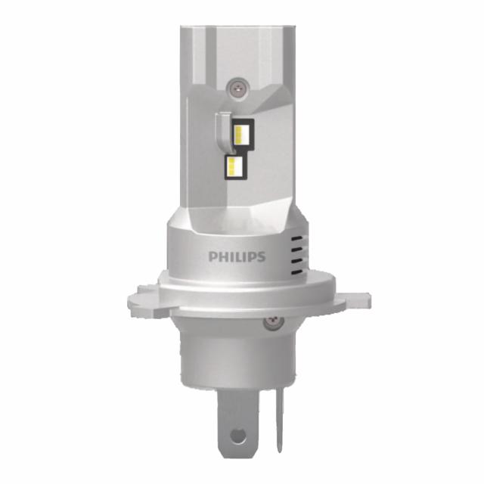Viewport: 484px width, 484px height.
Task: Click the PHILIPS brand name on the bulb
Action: (x=237, y=257)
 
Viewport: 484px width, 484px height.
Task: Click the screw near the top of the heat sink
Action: (x=239, y=88)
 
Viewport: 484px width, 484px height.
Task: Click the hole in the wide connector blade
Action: (x=237, y=436)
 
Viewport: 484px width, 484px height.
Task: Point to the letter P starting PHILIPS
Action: (x=213, y=257)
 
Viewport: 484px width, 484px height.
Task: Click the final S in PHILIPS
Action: (x=261, y=257)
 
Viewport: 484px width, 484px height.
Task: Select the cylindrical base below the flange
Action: (x=234, y=355)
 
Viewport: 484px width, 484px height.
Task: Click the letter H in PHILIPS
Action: (x=222, y=257)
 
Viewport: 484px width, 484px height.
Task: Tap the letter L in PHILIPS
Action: (x=237, y=257)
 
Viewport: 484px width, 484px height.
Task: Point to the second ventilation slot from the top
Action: (x=296, y=244)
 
